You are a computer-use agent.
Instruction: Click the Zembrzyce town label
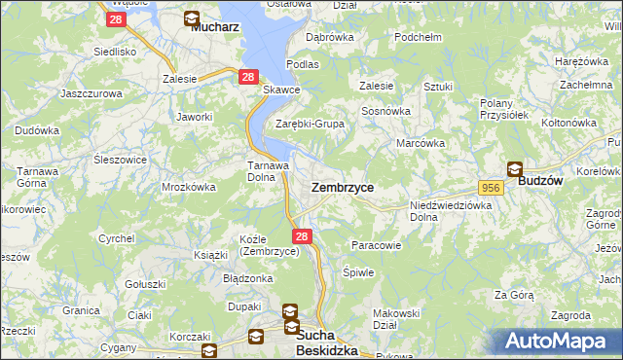click(342, 186)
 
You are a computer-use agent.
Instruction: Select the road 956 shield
click(491, 186)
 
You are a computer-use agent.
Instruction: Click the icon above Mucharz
click(191, 18)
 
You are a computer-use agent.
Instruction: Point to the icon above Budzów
click(514, 167)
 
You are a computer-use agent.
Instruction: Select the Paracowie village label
click(376, 246)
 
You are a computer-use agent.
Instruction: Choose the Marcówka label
click(421, 143)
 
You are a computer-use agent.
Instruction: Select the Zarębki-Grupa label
click(310, 124)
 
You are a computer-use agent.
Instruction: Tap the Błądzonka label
click(247, 278)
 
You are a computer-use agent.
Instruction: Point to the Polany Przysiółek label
click(503, 108)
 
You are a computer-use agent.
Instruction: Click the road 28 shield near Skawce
click(247, 77)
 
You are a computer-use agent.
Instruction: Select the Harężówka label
click(580, 61)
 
